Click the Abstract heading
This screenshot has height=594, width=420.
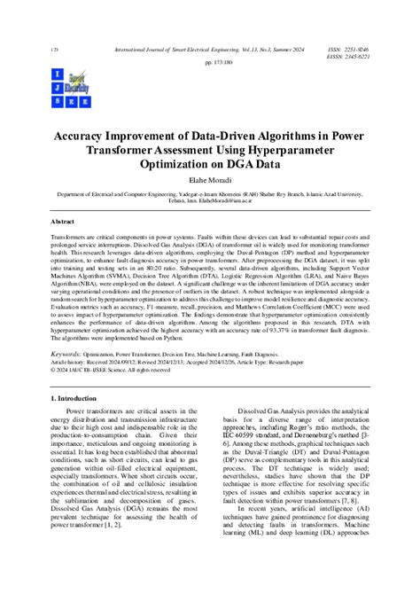[63, 221]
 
